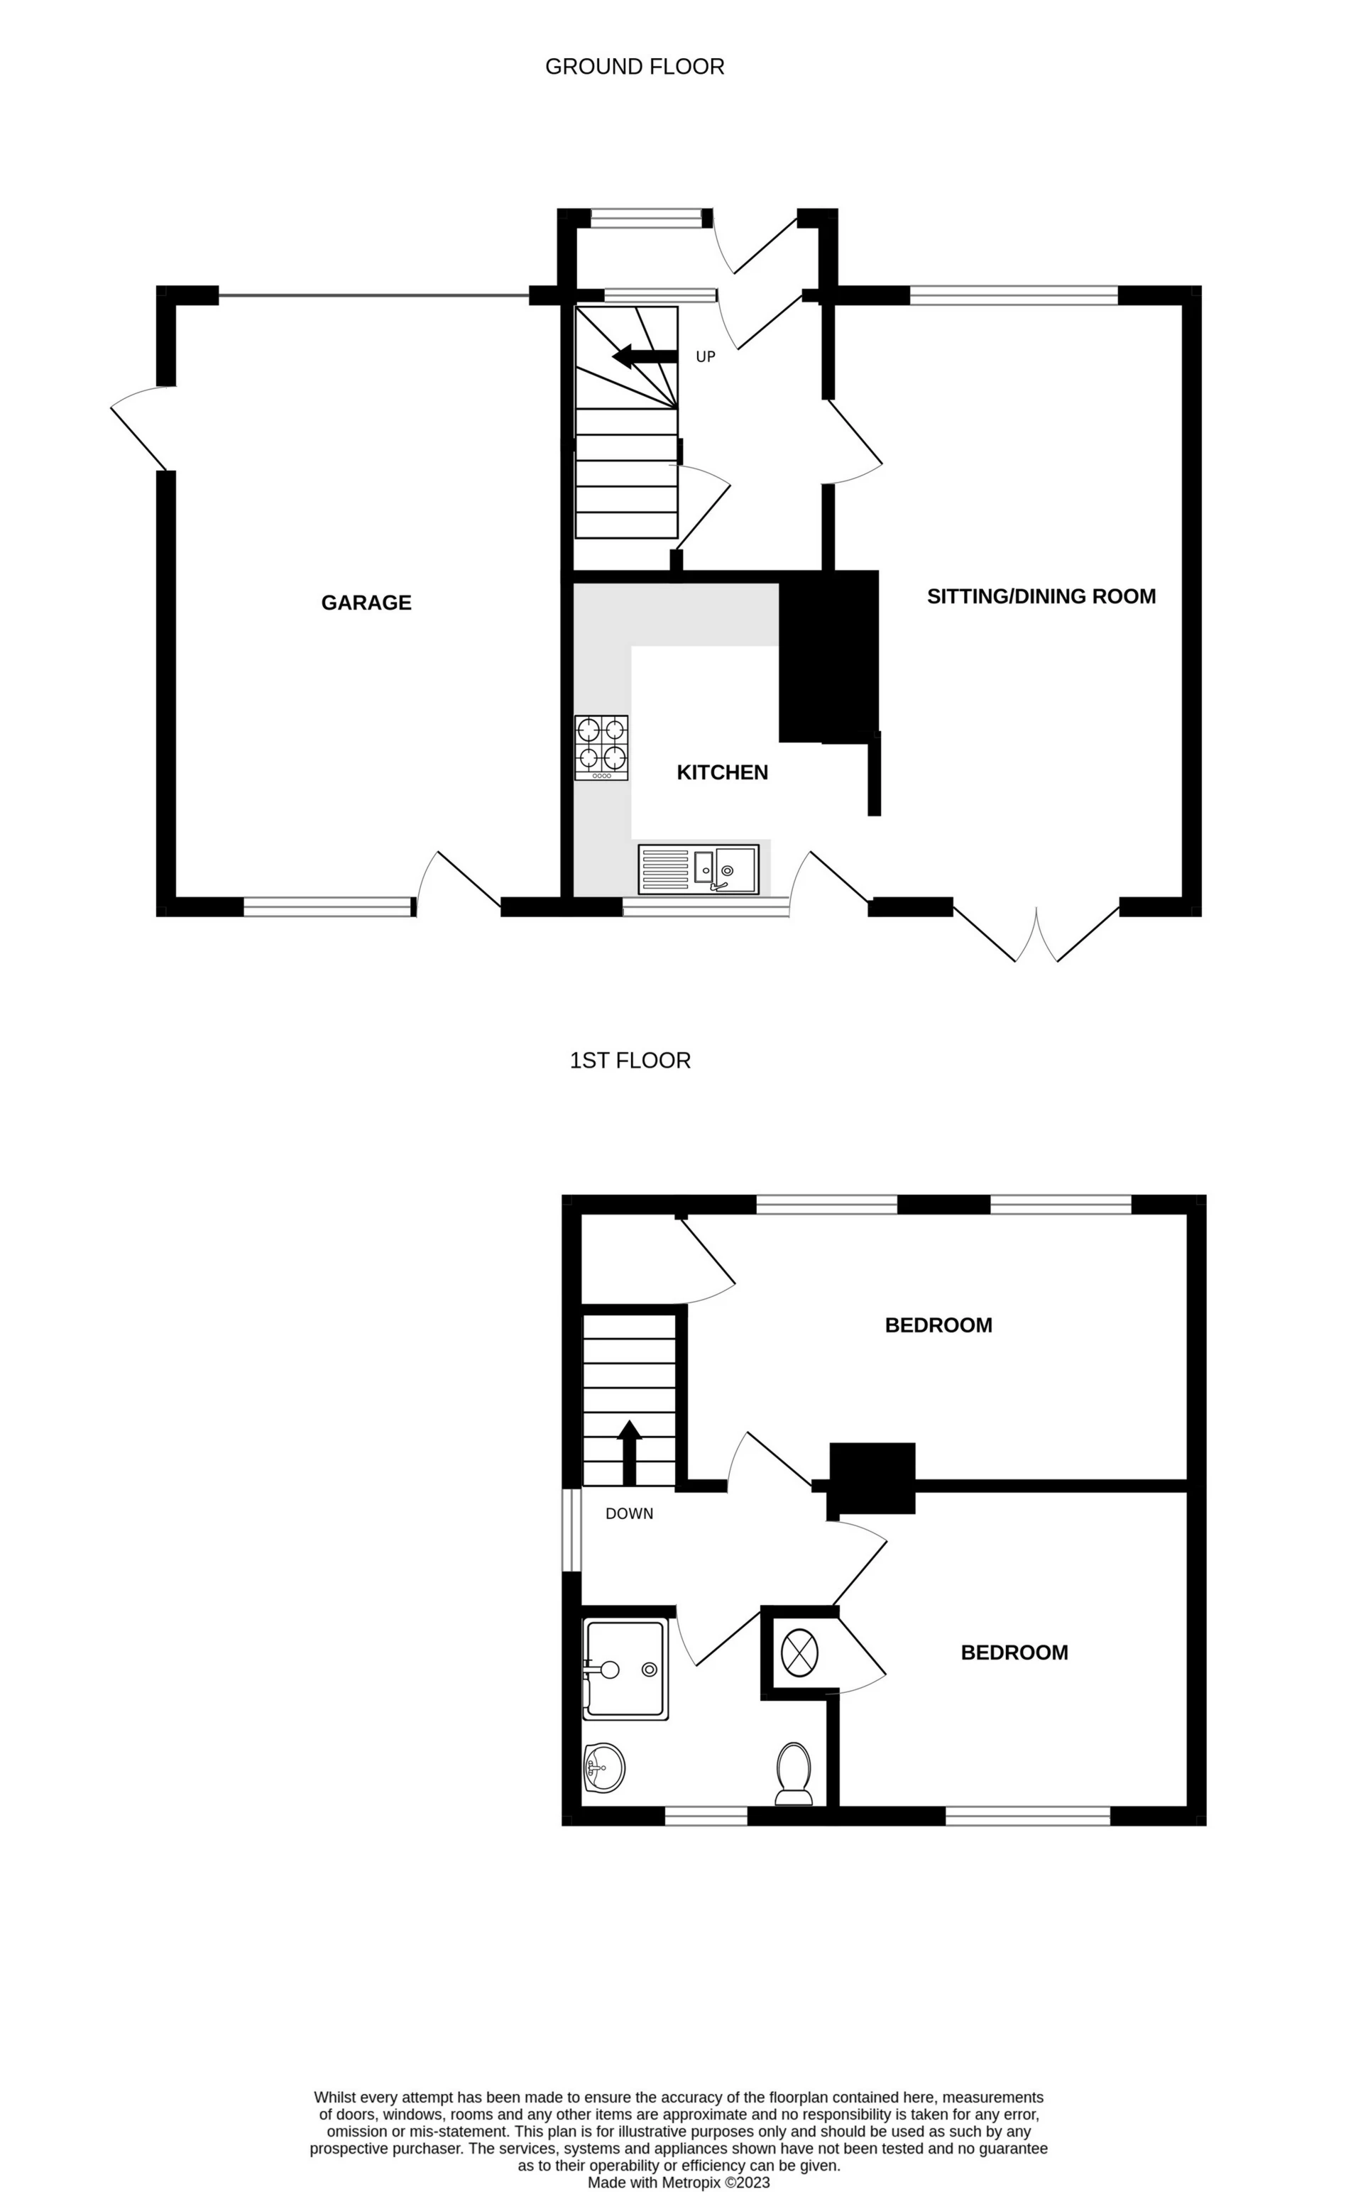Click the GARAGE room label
click(366, 602)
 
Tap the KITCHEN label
click(722, 772)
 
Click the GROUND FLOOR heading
click(635, 67)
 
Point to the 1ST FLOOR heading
click(630, 1060)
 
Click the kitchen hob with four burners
click(601, 747)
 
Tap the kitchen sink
click(699, 868)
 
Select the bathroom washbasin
click(604, 1768)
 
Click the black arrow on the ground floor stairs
click(645, 357)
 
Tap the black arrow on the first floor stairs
click(628, 1452)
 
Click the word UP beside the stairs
click(706, 357)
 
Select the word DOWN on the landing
click(629, 1513)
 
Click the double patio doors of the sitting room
click(1036, 932)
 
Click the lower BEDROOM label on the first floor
click(1014, 1652)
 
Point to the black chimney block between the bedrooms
click(872, 1478)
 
